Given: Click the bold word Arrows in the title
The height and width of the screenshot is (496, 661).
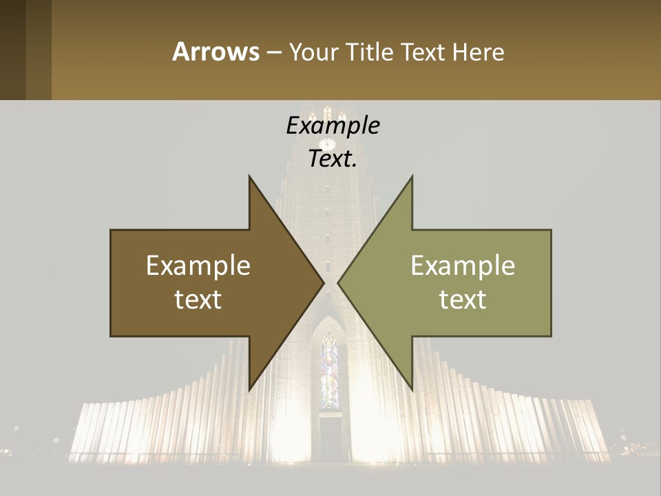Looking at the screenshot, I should pos(216,52).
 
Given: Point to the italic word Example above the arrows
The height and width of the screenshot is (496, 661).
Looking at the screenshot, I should pos(333,125).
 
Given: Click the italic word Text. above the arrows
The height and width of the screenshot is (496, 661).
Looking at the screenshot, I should pos(333,158).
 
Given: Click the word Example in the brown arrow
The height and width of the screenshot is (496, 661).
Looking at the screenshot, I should pos(198,266).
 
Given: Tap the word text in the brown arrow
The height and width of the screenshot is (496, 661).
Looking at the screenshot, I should pos(198,299).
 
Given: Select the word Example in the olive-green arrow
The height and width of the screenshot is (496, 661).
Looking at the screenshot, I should pos(463,266).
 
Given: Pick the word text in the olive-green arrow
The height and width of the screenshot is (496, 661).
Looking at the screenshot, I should pos(463,299).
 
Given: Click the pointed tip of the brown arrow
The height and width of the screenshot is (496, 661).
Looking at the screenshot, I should pos(322,283).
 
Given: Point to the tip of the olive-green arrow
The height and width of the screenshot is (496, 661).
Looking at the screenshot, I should pos(339,283).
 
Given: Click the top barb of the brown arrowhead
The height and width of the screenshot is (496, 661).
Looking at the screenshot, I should pos(251,180).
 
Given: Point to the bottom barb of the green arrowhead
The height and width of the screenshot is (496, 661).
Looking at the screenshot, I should pos(410,386).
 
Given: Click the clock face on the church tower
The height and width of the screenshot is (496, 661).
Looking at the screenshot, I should pos(327,144).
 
